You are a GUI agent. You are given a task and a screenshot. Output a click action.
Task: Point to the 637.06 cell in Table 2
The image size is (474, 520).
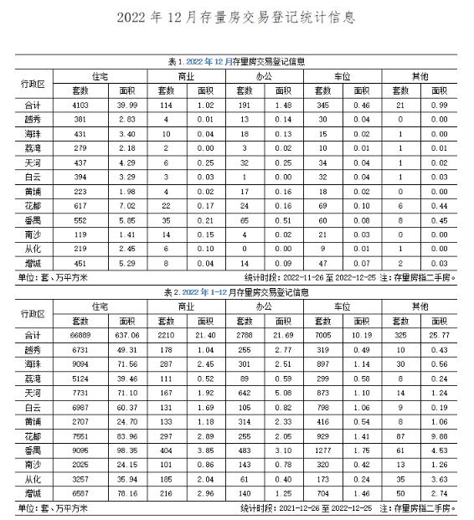coord(127,336)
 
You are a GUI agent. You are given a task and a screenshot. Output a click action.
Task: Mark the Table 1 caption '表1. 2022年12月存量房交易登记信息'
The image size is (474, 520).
coord(236,62)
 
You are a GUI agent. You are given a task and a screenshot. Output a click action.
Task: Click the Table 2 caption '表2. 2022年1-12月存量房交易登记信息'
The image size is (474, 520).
coord(236,294)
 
